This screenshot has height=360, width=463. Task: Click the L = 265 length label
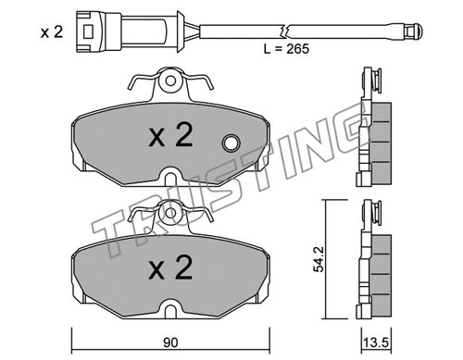coord(286,49)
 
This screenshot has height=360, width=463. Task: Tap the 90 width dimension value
coord(170,342)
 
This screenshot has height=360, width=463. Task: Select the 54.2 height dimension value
coord(319,259)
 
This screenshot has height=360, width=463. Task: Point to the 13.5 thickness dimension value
coord(377,342)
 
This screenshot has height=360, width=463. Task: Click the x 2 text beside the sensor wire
coord(52,32)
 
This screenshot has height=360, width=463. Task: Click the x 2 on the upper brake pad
coord(170,135)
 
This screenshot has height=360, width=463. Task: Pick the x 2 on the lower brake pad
coord(170,267)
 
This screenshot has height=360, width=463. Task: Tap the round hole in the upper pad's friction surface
coord(231,143)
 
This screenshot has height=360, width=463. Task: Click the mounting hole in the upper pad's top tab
coord(170,81)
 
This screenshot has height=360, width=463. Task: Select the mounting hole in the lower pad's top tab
coord(170,213)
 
